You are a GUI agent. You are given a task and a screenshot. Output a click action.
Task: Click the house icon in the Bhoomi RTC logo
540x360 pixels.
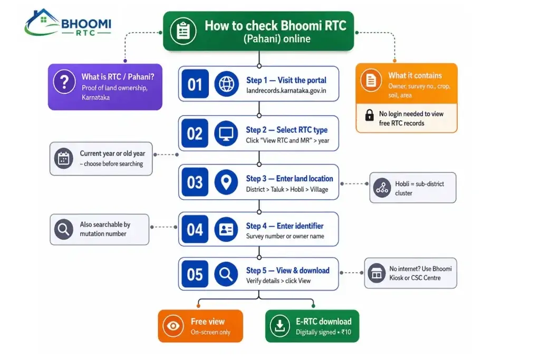pos(41,22)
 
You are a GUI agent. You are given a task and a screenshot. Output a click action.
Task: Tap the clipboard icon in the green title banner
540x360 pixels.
pos(183,31)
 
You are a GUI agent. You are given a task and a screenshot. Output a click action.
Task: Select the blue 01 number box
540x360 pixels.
pos(195,84)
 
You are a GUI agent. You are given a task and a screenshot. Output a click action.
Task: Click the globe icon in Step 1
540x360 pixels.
pos(226,84)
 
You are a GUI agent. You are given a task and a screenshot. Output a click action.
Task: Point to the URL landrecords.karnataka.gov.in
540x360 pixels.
pos(286,91)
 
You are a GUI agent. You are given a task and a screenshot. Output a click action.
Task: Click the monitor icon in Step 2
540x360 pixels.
pos(226,133)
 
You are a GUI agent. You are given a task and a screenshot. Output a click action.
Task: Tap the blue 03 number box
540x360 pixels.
pos(195,182)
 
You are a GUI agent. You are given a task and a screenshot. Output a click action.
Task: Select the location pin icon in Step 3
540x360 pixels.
pos(226,182)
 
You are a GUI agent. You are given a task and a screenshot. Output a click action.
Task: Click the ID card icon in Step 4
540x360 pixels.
pos(226,229)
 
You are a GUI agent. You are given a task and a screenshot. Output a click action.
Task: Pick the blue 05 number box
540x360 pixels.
pos(195,274)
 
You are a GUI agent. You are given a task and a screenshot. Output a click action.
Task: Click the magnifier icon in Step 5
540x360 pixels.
pos(226,274)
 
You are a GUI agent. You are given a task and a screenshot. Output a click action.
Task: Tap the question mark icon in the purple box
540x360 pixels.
pos(64,82)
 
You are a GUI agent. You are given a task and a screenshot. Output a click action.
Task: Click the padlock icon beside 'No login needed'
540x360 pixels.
pos(369,115)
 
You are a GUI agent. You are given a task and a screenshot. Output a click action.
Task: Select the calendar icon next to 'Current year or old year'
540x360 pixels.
pos(64,158)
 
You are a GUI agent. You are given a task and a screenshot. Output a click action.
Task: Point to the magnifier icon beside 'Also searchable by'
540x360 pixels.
pos(64,229)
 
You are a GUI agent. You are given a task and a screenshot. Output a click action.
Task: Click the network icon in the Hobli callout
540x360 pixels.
pos(382,188)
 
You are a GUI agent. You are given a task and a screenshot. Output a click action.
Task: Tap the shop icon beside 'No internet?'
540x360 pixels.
pos(377,273)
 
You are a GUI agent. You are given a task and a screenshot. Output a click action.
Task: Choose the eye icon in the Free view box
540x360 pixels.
pos(173,326)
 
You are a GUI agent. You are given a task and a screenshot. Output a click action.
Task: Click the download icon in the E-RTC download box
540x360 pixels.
pos(280,326)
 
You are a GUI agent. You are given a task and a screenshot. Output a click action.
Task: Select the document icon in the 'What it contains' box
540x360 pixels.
pos(371,81)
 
